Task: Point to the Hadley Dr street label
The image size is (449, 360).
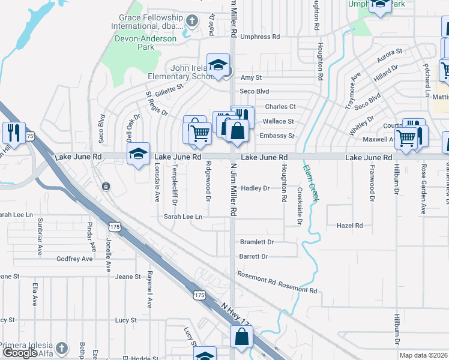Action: (255, 188)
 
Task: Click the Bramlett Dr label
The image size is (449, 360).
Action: (256, 242)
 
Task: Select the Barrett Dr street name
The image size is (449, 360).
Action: (253, 256)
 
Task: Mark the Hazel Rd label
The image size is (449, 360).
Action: (350, 226)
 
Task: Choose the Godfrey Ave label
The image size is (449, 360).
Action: (74, 259)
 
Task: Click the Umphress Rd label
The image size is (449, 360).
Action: (260, 37)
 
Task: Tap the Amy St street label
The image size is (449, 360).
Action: (251, 77)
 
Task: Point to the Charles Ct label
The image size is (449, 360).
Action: (280, 107)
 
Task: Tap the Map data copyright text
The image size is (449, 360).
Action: (423, 355)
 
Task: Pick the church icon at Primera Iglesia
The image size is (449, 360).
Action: (61, 348)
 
